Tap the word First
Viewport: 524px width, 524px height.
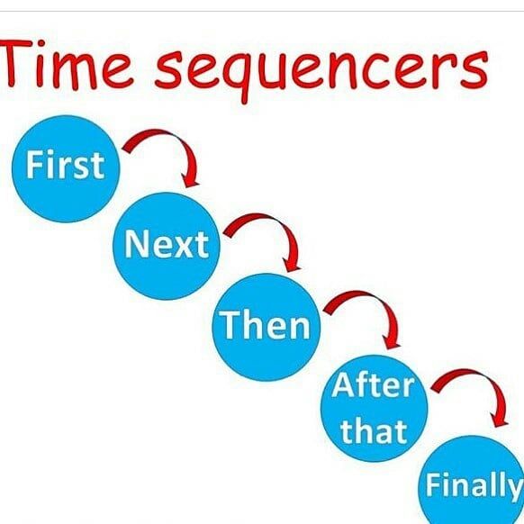(66, 165)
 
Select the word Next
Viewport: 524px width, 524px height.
(167, 244)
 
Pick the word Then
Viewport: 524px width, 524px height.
(265, 324)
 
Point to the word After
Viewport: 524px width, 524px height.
(374, 385)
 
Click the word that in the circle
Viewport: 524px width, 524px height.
(374, 430)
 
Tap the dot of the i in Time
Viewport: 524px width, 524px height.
(41, 43)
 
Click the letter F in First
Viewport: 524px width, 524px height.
(34, 165)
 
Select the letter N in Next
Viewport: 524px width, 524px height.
(136, 244)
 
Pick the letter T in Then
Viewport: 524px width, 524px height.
(230, 324)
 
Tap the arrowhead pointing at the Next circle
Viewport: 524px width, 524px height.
(191, 180)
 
